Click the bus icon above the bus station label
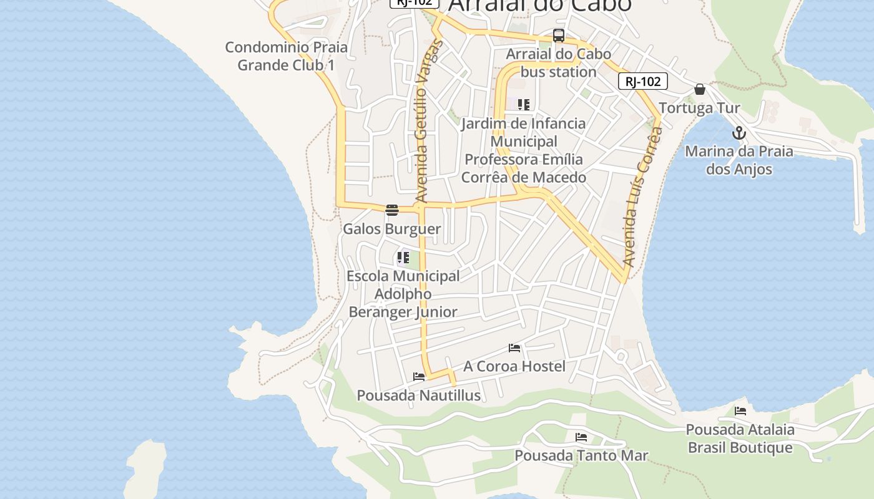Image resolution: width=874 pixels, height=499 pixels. pos(559,36)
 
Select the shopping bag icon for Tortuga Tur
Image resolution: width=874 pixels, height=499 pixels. pos(700,89)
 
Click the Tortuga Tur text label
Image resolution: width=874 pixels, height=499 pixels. pos(699,108)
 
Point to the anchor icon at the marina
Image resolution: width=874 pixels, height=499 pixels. pos(739,133)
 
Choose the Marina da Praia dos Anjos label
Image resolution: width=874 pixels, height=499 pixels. pos(739,160)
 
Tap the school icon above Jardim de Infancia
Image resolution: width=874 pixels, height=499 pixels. pos(524,105)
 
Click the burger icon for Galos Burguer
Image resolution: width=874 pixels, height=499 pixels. pos(392,210)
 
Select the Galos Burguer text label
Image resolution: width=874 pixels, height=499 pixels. pos(392,229)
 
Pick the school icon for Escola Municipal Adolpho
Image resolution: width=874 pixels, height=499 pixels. pos(403,257)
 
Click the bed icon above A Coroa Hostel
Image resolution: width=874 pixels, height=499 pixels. pos(514,347)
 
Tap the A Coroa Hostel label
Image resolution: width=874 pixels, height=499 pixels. pos(514,366)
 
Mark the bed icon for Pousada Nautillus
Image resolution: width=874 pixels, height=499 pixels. pos(419,377)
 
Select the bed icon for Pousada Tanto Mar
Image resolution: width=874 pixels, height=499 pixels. pos(581,437)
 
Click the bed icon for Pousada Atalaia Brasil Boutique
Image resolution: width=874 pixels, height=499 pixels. pos(740,411)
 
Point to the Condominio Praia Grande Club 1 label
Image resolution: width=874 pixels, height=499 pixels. pos(287,56)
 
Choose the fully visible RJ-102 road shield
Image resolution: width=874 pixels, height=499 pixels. pos(643,81)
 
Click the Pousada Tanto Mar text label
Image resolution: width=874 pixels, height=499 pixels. pos(581,456)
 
